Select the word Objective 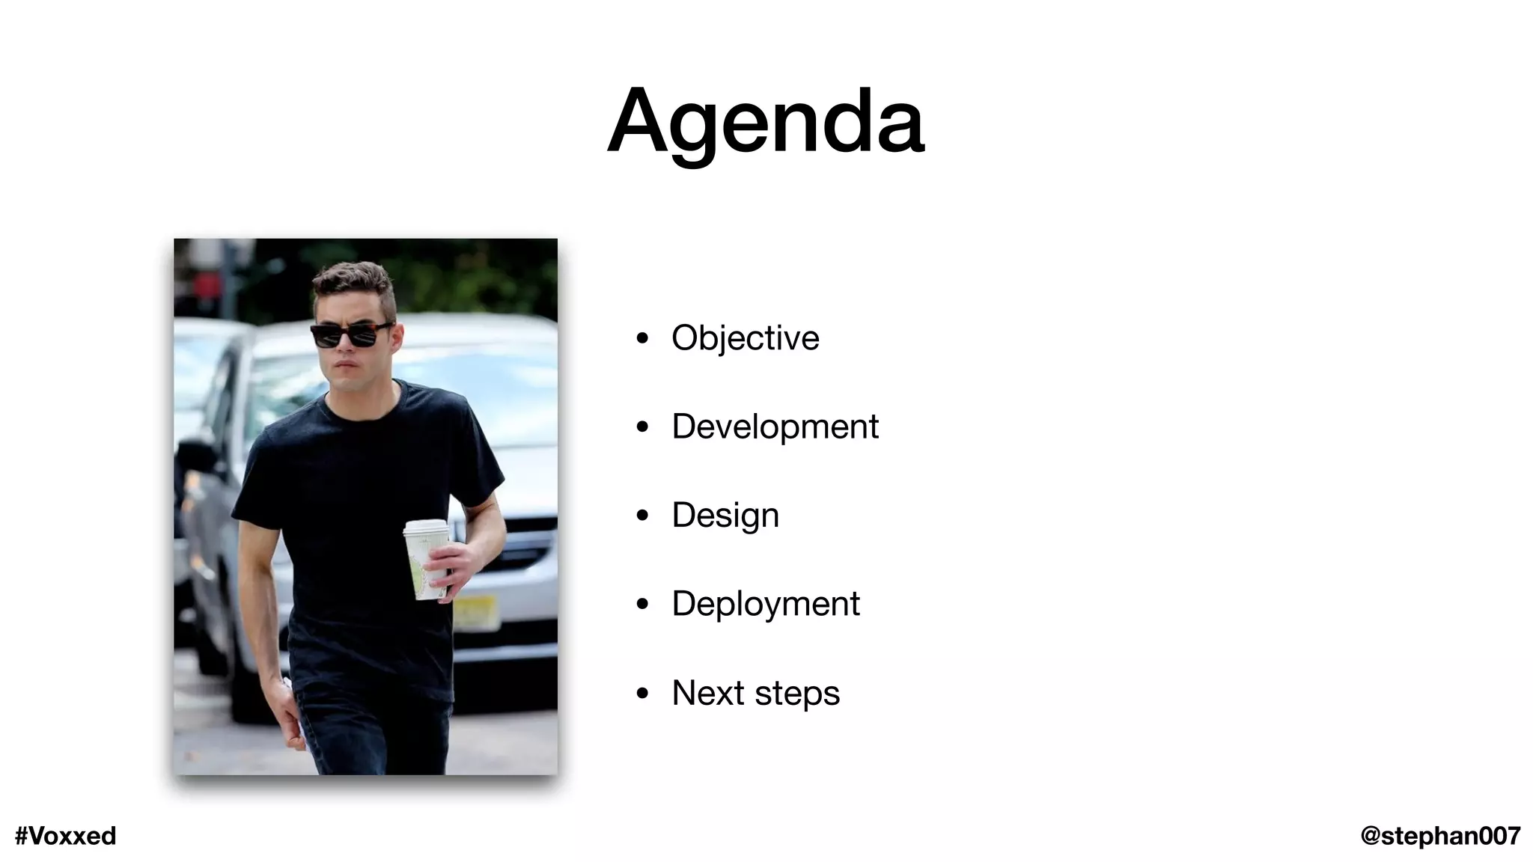[x=745, y=338]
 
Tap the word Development [x=775, y=427]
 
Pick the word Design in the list [x=725, y=516]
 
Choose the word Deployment [x=765, y=604]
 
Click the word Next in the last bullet [x=707, y=693]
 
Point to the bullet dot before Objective [x=641, y=339]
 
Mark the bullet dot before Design [x=641, y=516]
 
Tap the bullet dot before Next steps [x=641, y=694]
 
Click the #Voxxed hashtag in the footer [x=66, y=836]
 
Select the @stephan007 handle [x=1439, y=836]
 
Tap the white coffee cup [x=425, y=561]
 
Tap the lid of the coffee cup [x=426, y=528]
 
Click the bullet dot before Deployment [x=641, y=605]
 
